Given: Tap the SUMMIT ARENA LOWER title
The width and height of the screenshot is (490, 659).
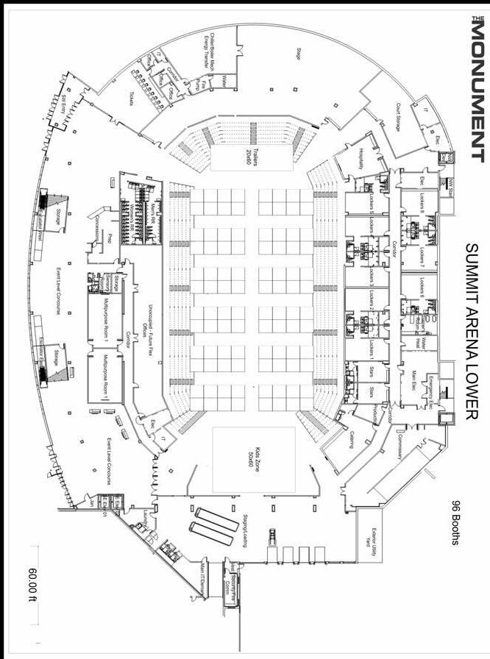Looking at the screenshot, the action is pos(472,331).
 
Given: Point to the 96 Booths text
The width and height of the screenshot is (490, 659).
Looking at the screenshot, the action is pos(455,523).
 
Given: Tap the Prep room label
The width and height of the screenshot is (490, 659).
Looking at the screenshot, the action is pos(110,238).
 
